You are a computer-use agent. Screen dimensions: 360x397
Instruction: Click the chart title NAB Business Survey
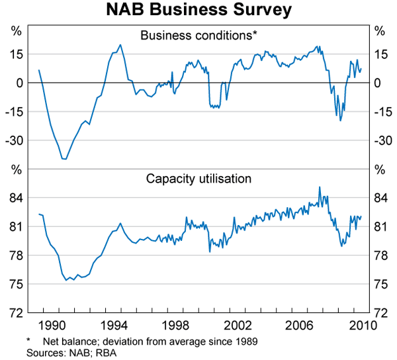(198, 11)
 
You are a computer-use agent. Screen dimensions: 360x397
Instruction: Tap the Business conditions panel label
(198, 36)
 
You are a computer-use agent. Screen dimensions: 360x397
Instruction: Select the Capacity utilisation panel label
(198, 179)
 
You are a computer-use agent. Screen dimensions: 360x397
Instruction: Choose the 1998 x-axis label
(177, 326)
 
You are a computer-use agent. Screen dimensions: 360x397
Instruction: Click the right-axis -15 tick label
(382, 111)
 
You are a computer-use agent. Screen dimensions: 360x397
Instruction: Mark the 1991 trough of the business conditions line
(64, 159)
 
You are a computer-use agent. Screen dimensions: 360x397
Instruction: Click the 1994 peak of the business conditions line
(120, 45)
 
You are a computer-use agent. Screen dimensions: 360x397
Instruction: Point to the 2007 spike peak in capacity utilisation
(320, 187)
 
